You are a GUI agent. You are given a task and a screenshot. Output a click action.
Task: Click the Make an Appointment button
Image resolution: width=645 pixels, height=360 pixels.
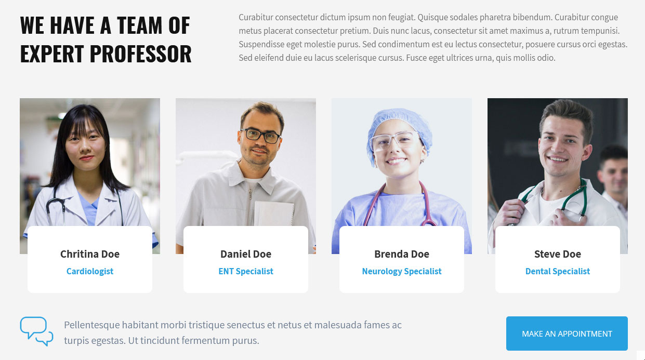567,333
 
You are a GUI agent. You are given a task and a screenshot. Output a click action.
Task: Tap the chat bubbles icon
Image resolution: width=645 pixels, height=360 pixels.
36,331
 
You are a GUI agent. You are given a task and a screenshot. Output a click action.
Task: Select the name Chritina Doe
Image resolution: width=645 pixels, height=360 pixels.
90,254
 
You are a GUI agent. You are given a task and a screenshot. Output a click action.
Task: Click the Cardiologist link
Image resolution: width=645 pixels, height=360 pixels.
90,271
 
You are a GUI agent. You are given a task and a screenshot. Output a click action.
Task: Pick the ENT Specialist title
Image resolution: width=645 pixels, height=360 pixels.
246,271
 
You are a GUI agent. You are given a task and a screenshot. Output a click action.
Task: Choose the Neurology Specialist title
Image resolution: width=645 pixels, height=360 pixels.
402,271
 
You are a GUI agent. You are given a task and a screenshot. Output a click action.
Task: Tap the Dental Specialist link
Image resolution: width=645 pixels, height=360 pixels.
558,271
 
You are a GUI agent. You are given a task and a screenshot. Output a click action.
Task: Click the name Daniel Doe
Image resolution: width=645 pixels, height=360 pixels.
246,254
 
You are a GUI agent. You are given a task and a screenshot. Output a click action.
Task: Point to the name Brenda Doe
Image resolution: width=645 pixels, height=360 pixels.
402,254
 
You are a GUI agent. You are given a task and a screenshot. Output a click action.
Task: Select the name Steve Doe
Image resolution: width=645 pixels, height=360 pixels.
558,254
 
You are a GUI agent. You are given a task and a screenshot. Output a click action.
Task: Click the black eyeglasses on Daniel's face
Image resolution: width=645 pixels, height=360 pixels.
260,136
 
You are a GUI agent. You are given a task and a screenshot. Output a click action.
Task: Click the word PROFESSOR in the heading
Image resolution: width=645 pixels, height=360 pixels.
140,54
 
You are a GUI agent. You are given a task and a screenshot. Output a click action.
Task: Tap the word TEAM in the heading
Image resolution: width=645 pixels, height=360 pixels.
139,25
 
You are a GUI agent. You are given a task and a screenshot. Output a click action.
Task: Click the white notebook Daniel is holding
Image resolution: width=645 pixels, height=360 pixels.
274,214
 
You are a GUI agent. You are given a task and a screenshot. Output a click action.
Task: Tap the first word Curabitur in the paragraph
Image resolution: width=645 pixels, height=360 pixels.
256,17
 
